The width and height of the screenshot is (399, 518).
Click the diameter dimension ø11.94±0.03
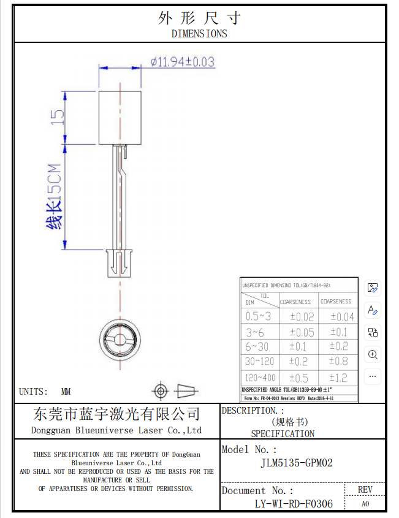pos(182,62)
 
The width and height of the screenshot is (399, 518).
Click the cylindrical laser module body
pos(120,117)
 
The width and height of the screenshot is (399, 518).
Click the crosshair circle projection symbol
pos(161,390)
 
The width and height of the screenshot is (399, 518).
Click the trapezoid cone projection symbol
pos(186,390)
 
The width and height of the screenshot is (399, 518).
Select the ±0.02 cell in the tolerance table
pos(301,317)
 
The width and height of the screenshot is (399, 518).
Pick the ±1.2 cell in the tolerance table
pos(338,378)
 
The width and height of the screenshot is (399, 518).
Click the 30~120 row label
pos(259,362)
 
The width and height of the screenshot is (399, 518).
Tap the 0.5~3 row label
pos(258,317)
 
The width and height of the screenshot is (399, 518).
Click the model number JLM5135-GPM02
pos(297,463)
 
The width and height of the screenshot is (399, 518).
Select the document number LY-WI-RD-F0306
pos(294,504)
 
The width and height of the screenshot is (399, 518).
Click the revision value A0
pos(365,504)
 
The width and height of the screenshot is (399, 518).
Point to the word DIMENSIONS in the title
pos(199,34)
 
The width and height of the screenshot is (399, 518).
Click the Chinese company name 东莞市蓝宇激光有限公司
pos(116,414)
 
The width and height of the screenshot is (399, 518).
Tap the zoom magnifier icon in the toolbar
pos(372,354)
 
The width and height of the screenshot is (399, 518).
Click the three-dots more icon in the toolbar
pos(372,376)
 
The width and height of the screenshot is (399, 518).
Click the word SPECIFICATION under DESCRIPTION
pos(283,433)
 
